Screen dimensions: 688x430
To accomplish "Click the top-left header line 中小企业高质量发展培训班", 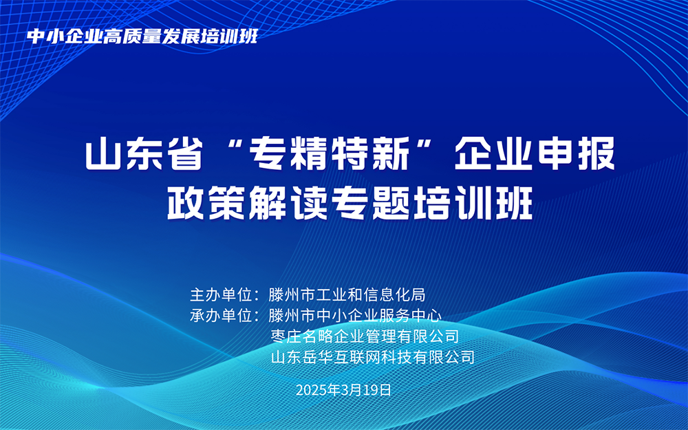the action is click(142, 36).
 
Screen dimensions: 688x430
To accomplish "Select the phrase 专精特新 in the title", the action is click(329, 155).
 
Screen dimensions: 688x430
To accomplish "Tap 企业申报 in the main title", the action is click(535, 155).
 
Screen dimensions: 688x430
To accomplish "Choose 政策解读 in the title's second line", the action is click(248, 204).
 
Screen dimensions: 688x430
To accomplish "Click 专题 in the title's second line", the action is click(370, 204).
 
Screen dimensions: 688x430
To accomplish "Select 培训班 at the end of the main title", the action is click(472, 204).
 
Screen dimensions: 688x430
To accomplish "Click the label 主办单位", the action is click(221, 295).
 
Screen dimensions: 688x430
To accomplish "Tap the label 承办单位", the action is click(221, 316).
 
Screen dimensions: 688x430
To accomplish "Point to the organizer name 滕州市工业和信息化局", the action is click(347, 295).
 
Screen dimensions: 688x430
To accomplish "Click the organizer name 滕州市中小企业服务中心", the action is click(354, 316).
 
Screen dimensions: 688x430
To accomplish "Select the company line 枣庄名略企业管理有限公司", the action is click(365, 336).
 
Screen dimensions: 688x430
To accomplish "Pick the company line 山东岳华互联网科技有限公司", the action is click(373, 357).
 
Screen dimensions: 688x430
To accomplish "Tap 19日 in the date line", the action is click(377, 389).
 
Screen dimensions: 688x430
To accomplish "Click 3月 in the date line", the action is click(352, 389).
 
